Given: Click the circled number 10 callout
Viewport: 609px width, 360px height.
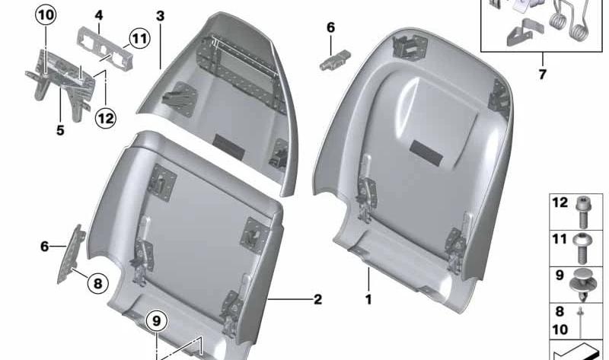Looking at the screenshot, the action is point(46,15).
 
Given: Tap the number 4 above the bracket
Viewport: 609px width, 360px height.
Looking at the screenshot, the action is point(99,15).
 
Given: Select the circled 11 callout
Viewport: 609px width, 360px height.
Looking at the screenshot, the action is point(139,38).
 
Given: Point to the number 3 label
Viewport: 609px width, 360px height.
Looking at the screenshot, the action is point(160,16).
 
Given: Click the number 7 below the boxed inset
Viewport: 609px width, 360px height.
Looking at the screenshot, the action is point(543,74).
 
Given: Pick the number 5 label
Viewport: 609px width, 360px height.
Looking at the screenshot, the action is point(60,130).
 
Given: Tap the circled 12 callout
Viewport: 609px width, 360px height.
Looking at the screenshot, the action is point(106,117).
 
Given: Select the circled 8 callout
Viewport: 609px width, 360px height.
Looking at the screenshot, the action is point(97,283).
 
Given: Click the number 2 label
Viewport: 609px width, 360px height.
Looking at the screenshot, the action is point(317,299).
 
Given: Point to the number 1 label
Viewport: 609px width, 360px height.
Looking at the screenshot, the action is point(368,299).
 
